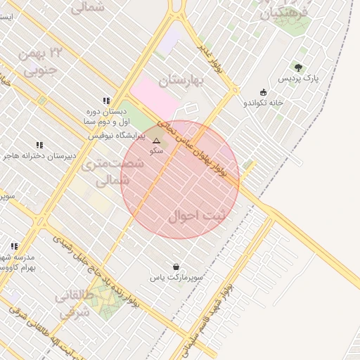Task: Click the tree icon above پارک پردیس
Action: pyautogui.click(x=298, y=67)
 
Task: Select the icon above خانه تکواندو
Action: pyautogui.click(x=263, y=92)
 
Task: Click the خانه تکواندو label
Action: pyautogui.click(x=264, y=103)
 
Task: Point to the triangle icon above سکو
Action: pyautogui.click(x=156, y=141)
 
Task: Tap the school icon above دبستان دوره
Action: pyautogui.click(x=106, y=101)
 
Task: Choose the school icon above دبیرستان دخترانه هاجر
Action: pyautogui.click(x=39, y=145)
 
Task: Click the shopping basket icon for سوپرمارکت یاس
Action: pyautogui.click(x=175, y=266)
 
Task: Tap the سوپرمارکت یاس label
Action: pyautogui.click(x=176, y=278)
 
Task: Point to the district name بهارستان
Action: pyautogui.click(x=181, y=81)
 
